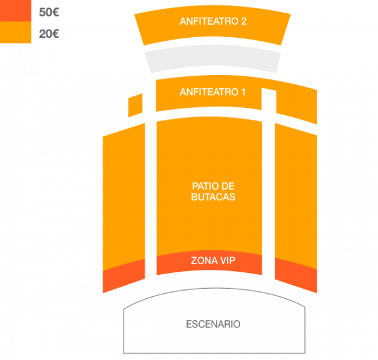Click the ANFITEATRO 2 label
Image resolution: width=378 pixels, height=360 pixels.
tap(212, 21)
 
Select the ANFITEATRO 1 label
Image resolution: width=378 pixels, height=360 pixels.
tap(212, 92)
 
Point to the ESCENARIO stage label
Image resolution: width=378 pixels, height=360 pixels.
tap(213, 325)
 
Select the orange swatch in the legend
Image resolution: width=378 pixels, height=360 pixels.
tap(15, 33)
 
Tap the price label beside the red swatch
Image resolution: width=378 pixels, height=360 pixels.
tap(49, 12)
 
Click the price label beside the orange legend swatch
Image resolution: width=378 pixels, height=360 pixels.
tap(49, 33)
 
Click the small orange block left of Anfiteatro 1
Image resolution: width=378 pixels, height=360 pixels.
tap(135, 105)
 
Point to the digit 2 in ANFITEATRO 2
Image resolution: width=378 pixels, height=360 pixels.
tap(243, 21)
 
